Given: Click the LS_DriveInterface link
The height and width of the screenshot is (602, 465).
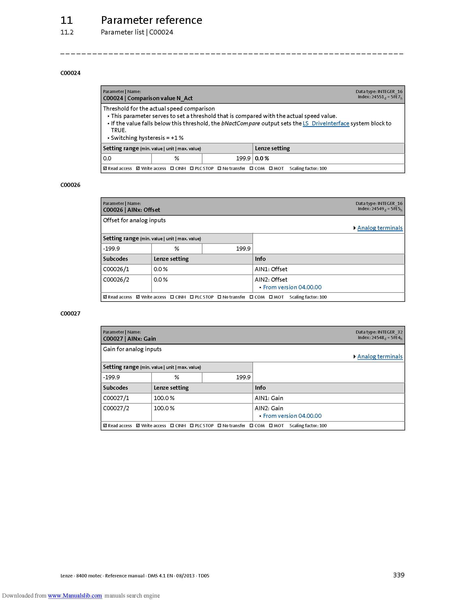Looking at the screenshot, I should click(x=326, y=123).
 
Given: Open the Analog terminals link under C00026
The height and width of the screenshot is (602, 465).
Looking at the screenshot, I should click(x=380, y=228).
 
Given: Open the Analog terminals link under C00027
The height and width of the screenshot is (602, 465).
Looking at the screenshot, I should click(x=380, y=357).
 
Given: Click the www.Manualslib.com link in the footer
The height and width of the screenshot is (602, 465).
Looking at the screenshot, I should click(x=75, y=595).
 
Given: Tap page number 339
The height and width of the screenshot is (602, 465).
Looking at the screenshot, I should click(x=399, y=575).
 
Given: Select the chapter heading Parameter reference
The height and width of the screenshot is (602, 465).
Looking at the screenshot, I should click(x=152, y=20).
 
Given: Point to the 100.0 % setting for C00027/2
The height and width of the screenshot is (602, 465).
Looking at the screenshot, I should click(x=164, y=408).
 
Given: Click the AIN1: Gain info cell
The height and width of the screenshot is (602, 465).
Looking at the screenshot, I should click(x=269, y=398).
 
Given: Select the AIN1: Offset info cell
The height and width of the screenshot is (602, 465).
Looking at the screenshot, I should click(x=271, y=269).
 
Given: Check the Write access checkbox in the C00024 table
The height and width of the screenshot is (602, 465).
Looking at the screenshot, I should click(x=138, y=168).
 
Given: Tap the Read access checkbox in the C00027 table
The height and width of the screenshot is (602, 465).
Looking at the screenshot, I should click(x=105, y=426).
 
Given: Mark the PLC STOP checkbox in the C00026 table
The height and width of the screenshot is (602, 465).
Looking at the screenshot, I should click(x=192, y=297).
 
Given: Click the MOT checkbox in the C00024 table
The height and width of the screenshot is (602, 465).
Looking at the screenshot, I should click(x=271, y=168).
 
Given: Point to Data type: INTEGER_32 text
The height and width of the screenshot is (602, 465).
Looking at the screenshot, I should click(x=379, y=332).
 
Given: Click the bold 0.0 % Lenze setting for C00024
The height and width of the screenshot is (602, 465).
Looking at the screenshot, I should click(x=262, y=158).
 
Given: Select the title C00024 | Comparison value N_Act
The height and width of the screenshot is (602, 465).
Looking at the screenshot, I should click(x=148, y=99).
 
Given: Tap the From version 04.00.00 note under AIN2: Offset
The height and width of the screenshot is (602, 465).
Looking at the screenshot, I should click(x=292, y=287).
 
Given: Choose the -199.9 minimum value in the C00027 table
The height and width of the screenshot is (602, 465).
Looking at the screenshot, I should click(x=111, y=377).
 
